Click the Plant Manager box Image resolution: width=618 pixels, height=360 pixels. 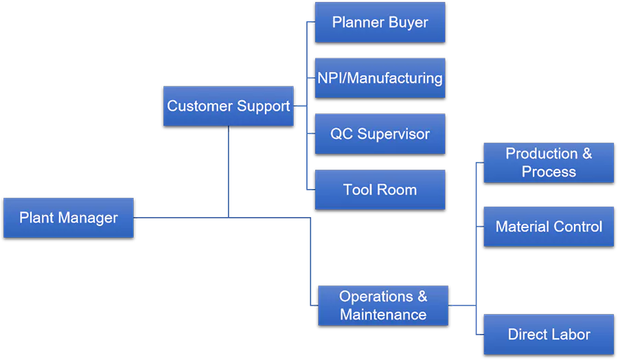pyautogui.click(x=68, y=218)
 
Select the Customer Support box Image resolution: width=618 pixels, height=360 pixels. pyautogui.click(x=228, y=106)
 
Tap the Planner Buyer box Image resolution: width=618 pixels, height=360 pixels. pyautogui.click(x=380, y=22)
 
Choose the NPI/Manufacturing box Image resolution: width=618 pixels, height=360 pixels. pyautogui.click(x=380, y=78)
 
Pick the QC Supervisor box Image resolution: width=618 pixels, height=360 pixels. pyautogui.click(x=380, y=134)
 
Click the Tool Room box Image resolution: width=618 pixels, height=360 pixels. pyautogui.click(x=380, y=190)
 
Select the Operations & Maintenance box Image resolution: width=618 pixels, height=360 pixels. pyautogui.click(x=383, y=306)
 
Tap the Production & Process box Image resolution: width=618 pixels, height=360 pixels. pyautogui.click(x=549, y=163)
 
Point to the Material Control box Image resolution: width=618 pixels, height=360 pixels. pyautogui.click(x=549, y=227)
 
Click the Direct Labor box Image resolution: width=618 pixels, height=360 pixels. pyautogui.click(x=549, y=335)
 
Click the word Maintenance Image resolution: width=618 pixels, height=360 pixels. pyautogui.click(x=383, y=315)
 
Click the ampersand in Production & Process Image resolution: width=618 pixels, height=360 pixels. pyautogui.click(x=586, y=154)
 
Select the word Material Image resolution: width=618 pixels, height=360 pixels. pyautogui.click(x=520, y=227)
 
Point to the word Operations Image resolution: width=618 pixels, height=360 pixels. pyautogui.click(x=376, y=297)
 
